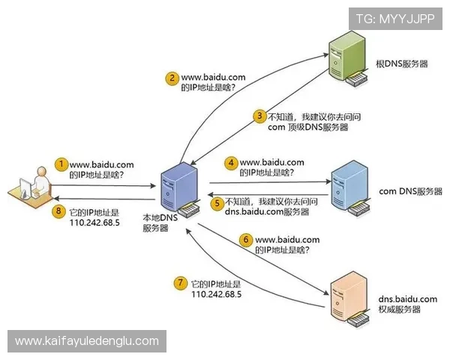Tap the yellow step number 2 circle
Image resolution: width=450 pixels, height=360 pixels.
[172, 77]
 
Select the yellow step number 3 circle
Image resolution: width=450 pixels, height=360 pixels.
[259, 116]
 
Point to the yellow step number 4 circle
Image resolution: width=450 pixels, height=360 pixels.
[232, 162]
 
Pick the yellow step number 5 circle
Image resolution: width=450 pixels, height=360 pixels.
[217, 202]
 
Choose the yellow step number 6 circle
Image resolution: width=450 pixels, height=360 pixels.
[244, 239]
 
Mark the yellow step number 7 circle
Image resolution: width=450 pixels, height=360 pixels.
[180, 283]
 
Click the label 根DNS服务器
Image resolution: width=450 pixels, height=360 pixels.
[402, 64]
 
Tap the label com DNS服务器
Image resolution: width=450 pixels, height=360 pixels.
[412, 191]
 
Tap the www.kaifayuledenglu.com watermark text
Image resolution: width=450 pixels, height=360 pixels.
[87, 341]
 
